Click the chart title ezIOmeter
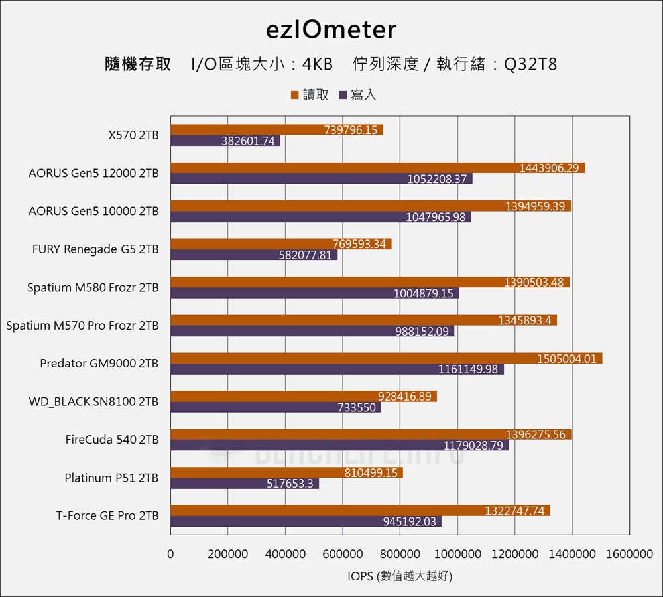(331, 30)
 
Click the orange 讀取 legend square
(295, 95)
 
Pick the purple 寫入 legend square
(343, 95)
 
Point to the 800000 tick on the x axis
(399, 554)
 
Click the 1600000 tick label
(629, 554)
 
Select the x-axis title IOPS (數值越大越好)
(399, 576)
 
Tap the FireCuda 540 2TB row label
(112, 440)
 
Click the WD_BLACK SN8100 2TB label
(93, 402)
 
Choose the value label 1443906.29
(549, 168)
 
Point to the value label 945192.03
(410, 521)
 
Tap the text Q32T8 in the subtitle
(530, 64)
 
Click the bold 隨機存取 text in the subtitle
(138, 64)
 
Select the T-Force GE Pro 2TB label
(107, 516)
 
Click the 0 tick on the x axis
(170, 554)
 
